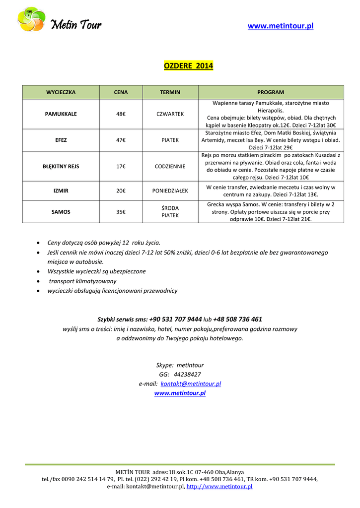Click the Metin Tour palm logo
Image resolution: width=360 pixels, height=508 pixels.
31,19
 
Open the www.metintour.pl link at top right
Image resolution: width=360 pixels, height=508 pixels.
280,26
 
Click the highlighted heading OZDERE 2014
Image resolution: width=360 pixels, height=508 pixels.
188,65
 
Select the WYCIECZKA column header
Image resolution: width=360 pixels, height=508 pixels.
61,92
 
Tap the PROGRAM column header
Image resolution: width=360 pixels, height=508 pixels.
270,92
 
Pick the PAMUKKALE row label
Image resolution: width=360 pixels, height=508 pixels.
61,114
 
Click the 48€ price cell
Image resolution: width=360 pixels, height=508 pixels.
121,114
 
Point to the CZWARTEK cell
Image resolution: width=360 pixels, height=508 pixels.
170,114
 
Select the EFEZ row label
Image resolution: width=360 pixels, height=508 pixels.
61,140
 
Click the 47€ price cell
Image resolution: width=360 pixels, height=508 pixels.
121,140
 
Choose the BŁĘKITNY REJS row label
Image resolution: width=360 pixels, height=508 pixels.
61,166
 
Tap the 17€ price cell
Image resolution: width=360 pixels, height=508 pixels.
121,166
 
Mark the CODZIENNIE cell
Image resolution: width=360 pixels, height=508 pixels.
170,166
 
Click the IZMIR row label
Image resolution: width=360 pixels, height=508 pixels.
61,190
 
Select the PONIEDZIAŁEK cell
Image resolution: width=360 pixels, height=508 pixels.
170,190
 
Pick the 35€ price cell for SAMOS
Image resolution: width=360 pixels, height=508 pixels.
121,212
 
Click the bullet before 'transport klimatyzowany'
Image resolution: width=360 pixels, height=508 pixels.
39,281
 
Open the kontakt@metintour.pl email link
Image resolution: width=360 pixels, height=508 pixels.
191,384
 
